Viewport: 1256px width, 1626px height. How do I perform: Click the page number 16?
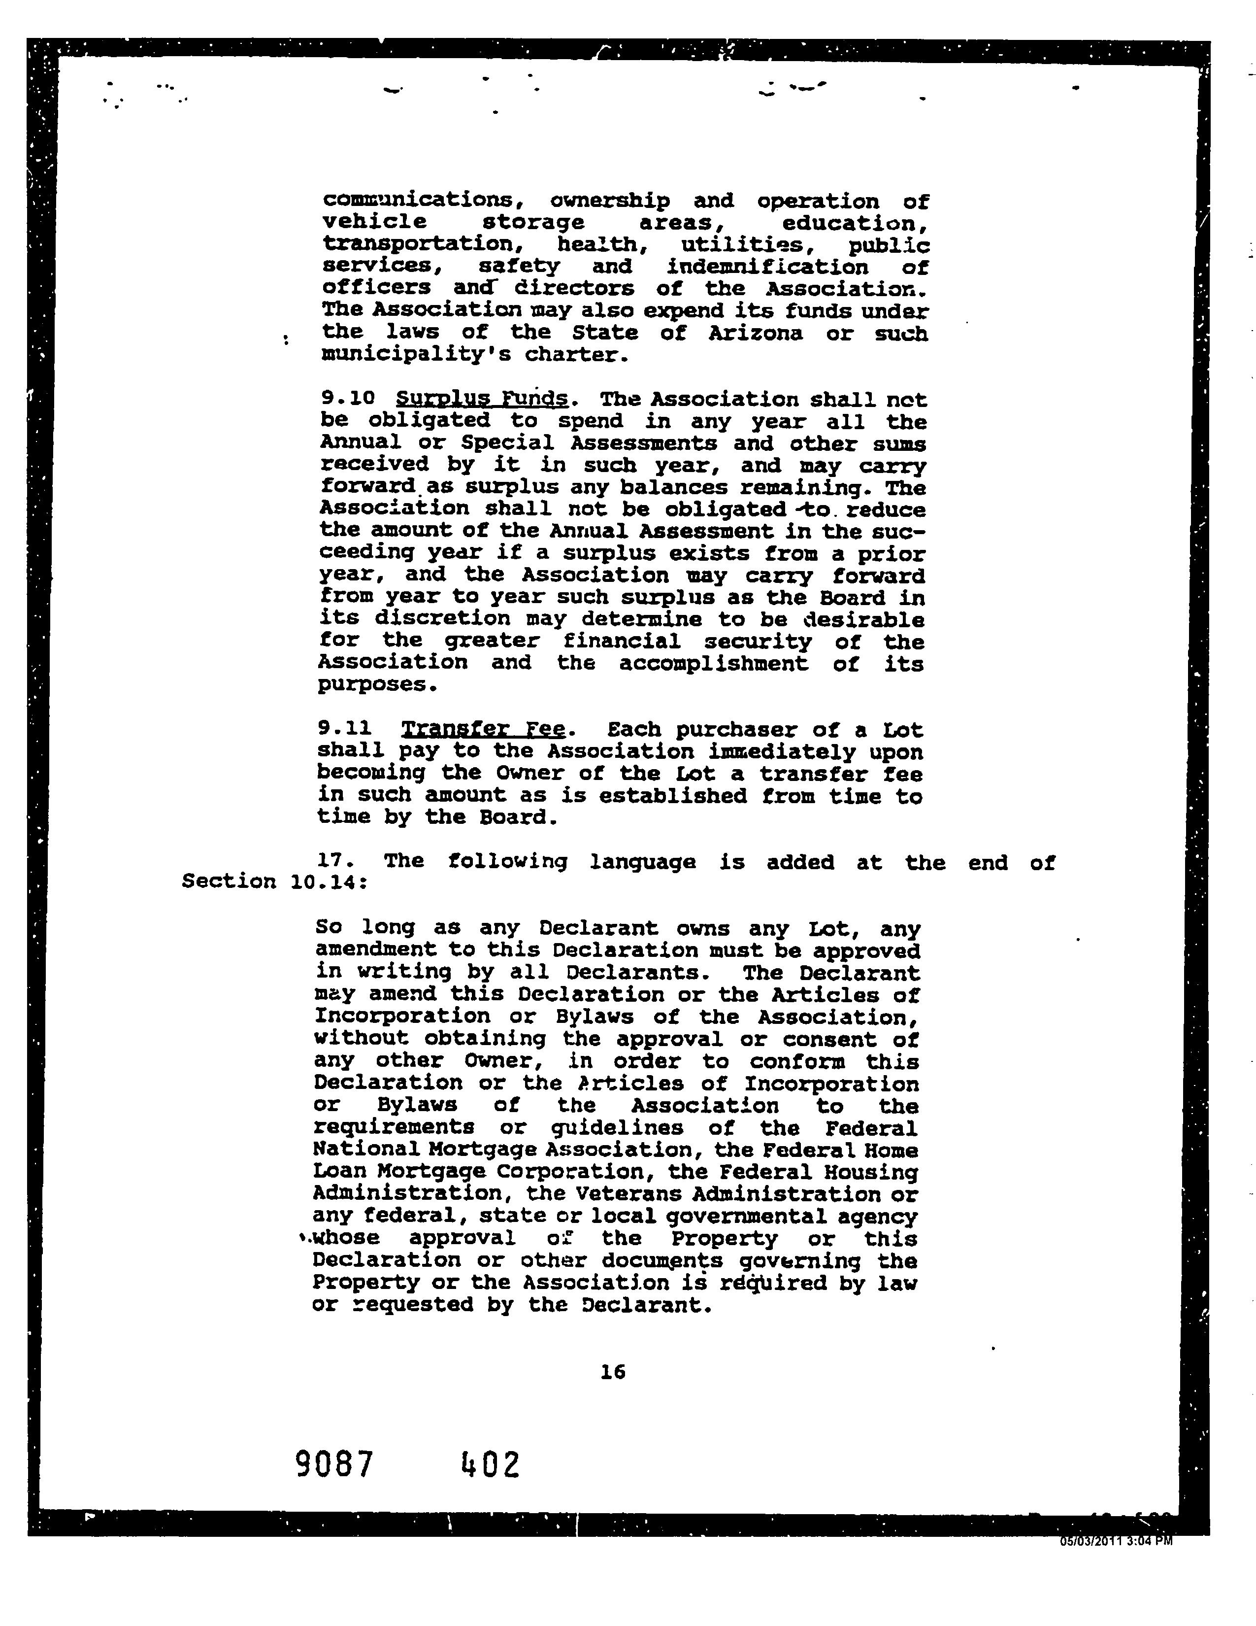(x=613, y=1371)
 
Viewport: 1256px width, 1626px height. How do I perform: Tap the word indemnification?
(x=767, y=267)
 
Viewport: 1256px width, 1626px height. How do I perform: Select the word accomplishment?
(x=713, y=663)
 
